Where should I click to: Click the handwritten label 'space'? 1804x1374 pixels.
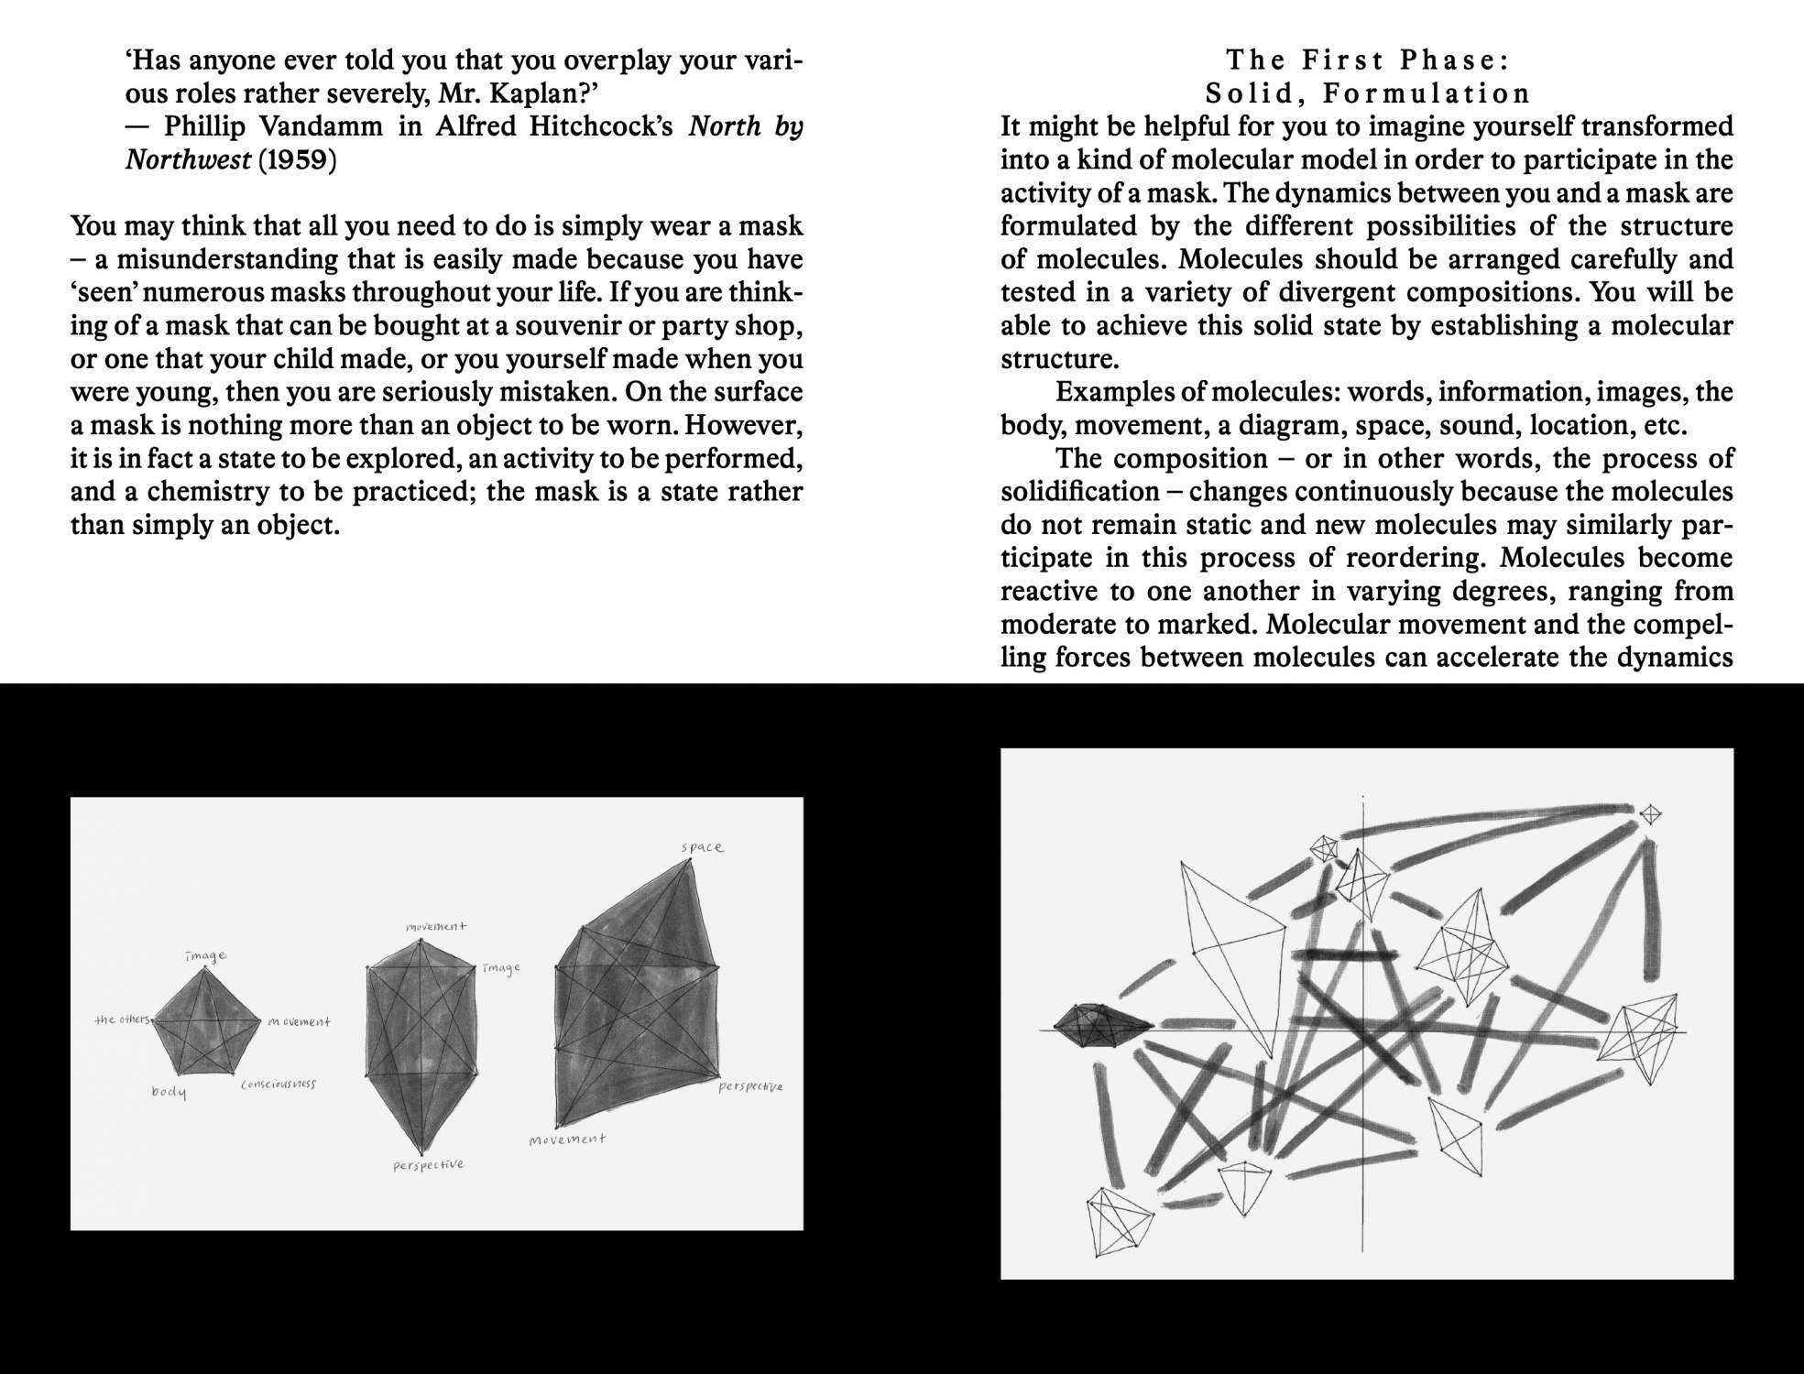coord(702,847)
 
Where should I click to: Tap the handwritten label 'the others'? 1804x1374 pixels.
coord(122,1020)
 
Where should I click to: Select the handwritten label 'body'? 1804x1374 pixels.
coord(169,1092)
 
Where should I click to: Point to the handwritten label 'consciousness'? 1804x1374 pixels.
coord(278,1085)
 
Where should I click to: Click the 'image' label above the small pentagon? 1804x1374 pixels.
coord(205,955)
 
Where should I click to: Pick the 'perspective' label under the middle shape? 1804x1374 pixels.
coord(428,1165)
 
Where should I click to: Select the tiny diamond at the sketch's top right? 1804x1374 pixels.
coord(1650,813)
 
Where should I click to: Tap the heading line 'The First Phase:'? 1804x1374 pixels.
coord(1367,60)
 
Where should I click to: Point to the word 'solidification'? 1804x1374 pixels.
coord(1079,492)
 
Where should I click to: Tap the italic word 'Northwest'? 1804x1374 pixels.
coord(187,160)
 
